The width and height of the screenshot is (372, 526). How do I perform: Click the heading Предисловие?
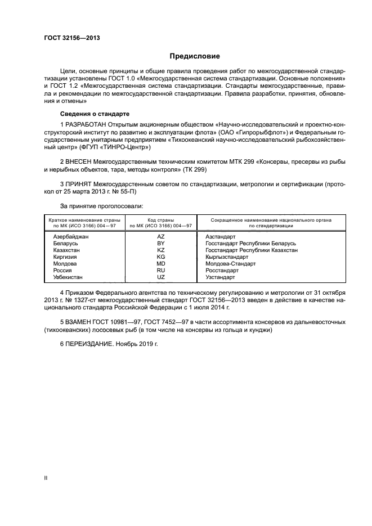(x=195, y=56)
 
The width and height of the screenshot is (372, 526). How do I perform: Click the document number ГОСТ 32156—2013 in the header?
(x=68, y=38)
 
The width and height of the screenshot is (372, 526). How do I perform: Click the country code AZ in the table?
(x=160, y=237)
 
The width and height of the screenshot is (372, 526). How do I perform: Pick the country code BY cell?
(x=160, y=244)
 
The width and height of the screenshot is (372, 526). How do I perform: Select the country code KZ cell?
(x=160, y=250)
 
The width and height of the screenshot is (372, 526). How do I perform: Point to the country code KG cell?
(x=160, y=257)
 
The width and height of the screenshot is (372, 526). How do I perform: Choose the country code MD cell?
(x=160, y=264)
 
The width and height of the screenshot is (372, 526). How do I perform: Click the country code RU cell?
(x=160, y=271)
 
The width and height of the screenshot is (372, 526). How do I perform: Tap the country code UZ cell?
(x=160, y=277)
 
